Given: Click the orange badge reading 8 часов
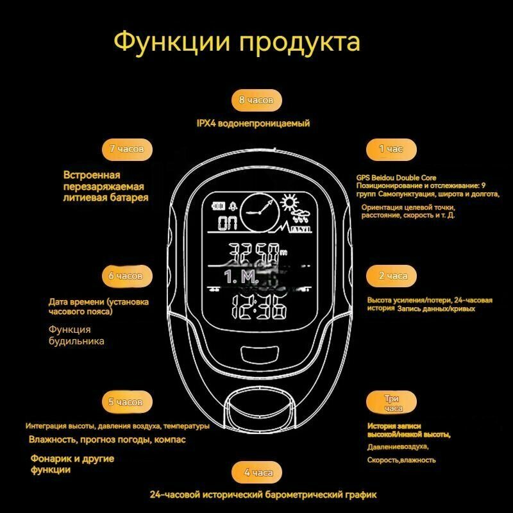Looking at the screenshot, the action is pyautogui.click(x=256, y=100).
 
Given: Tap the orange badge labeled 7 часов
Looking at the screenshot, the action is pyautogui.click(x=126, y=149).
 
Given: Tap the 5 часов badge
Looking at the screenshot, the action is pyautogui.click(x=126, y=403).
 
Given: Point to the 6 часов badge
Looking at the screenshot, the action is pyautogui.click(x=126, y=276).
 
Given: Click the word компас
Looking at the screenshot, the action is pyautogui.click(x=170, y=440).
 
